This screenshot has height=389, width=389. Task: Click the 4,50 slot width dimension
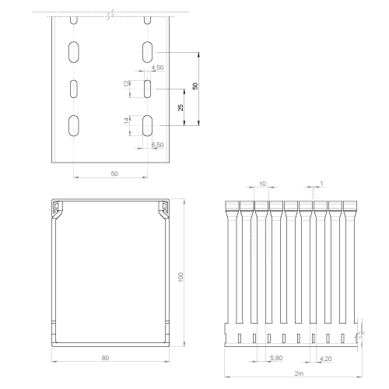pyautogui.click(x=158, y=68)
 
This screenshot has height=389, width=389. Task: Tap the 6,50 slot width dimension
pyautogui.click(x=158, y=145)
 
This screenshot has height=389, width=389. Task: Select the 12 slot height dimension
pyautogui.click(x=127, y=84)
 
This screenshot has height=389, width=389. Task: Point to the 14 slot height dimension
pyautogui.click(x=127, y=121)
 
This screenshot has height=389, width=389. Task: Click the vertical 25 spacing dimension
pyautogui.click(x=180, y=107)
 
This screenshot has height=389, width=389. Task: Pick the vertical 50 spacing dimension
pyautogui.click(x=195, y=86)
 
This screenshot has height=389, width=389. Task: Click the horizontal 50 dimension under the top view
pyautogui.click(x=114, y=173)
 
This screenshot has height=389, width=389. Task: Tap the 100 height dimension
pyautogui.click(x=180, y=277)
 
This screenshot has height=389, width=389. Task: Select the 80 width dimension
pyautogui.click(x=105, y=358)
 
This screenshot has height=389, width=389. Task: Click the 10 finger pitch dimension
pyautogui.click(x=262, y=184)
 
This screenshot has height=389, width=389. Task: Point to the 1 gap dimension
pyautogui.click(x=321, y=184)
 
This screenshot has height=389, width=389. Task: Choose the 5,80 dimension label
pyautogui.click(x=276, y=358)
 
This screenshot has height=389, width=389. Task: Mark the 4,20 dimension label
pyautogui.click(x=325, y=359)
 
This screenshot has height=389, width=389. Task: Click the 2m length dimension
pyautogui.click(x=299, y=373)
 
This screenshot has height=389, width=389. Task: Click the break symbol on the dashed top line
pyautogui.click(x=111, y=15)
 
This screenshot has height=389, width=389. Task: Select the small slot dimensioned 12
pyautogui.click(x=147, y=89)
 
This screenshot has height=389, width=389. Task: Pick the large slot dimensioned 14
pyautogui.click(x=147, y=125)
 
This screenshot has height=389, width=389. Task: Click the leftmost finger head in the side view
pyautogui.click(x=232, y=206)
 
